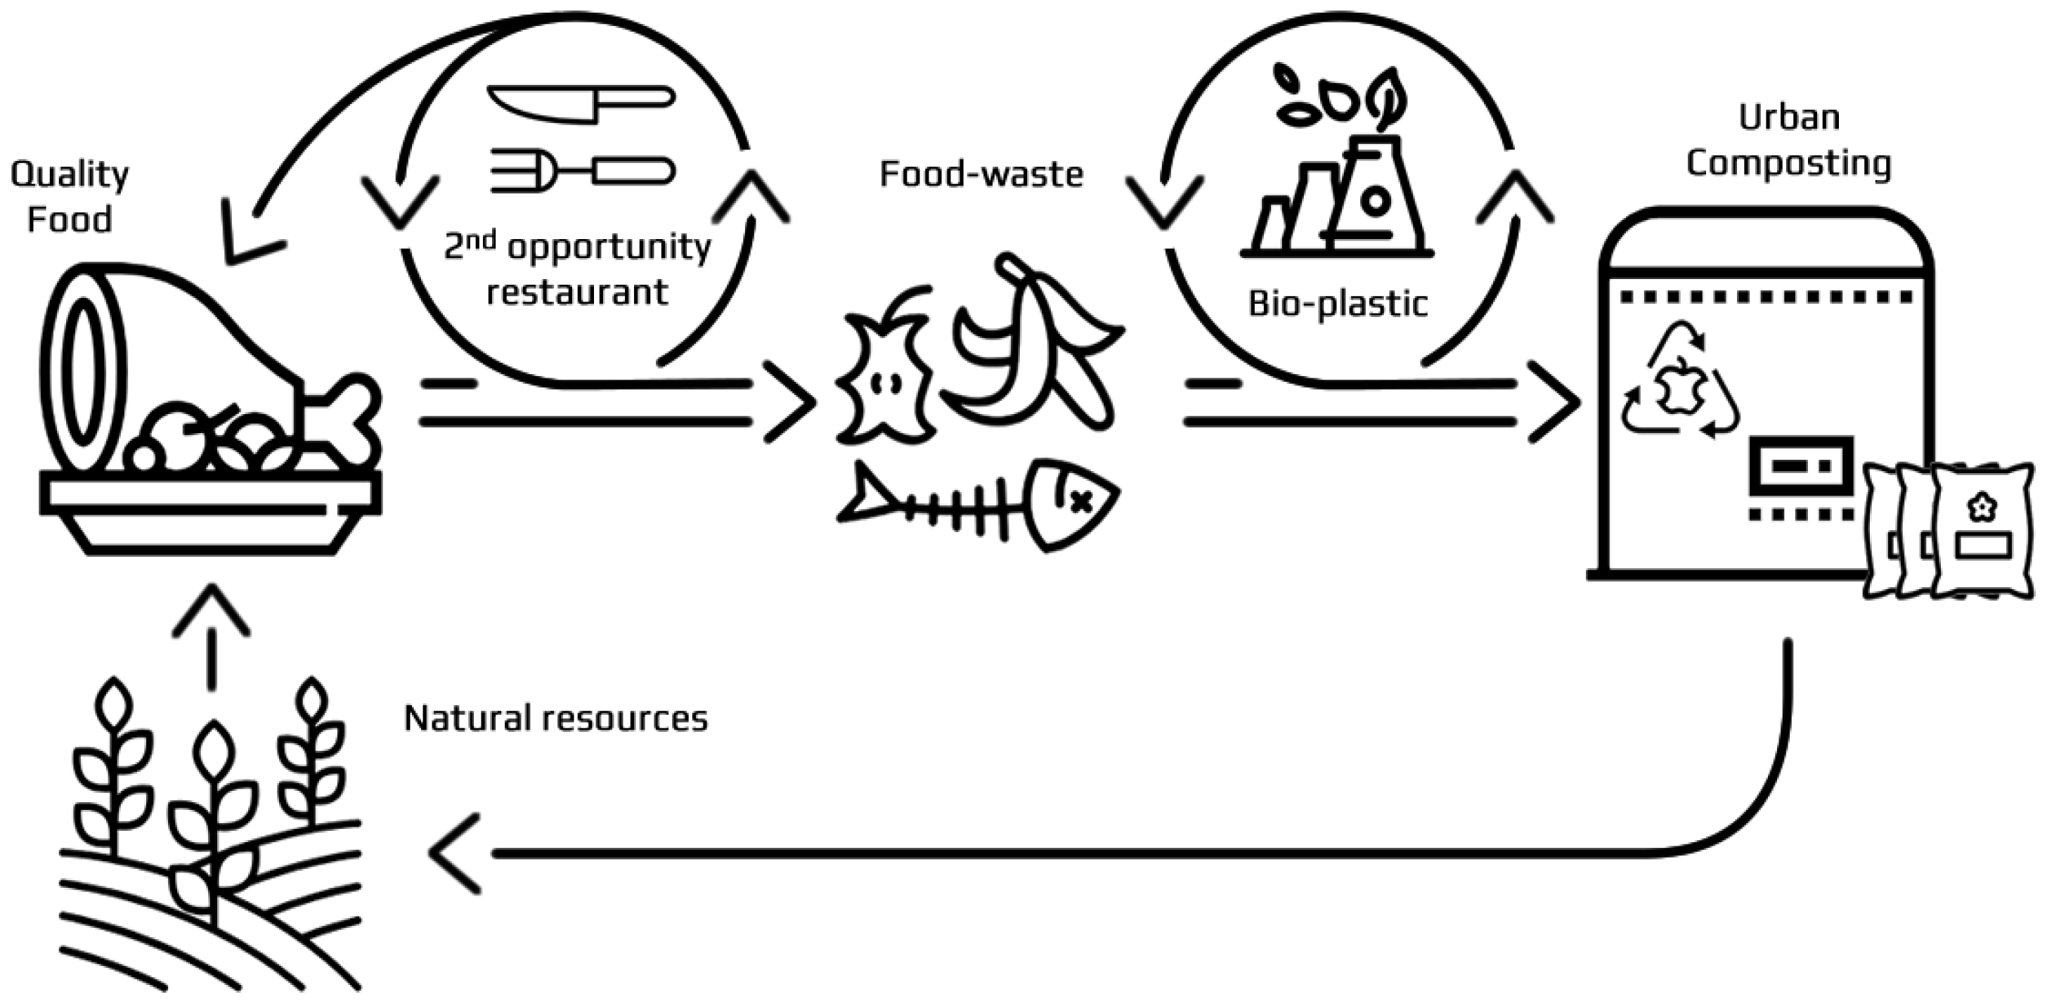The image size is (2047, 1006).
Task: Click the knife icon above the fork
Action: pyautogui.click(x=580, y=103)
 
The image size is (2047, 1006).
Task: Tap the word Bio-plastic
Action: pyautogui.click(x=1338, y=304)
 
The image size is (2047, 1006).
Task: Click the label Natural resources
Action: pyautogui.click(x=555, y=718)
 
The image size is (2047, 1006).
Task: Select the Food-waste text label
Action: pyautogui.click(x=981, y=174)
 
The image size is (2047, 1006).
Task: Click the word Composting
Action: pyautogui.click(x=1788, y=164)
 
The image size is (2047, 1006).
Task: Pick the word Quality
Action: pyautogui.click(x=69, y=175)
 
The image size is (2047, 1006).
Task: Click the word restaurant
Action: pyautogui.click(x=577, y=292)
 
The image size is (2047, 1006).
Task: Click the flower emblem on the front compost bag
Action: pyautogui.click(x=1982, y=507)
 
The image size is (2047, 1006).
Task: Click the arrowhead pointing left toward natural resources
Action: pyautogui.click(x=456, y=853)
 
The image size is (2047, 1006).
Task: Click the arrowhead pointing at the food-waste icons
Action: pyautogui.click(x=792, y=403)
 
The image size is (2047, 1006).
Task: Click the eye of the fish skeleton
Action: pyautogui.click(x=1078, y=501)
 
